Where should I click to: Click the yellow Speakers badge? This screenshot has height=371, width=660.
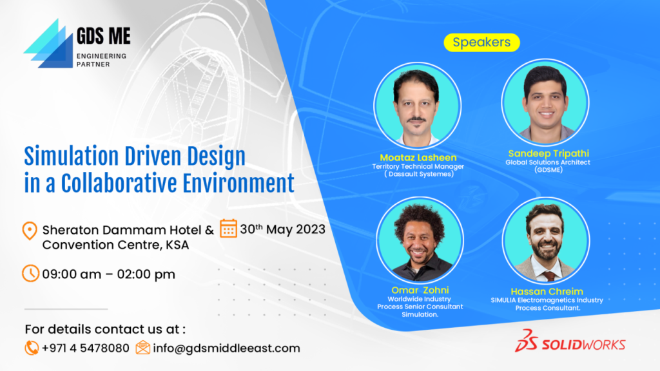pyautogui.click(x=481, y=43)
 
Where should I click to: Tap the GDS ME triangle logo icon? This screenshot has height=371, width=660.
pyautogui.click(x=48, y=44)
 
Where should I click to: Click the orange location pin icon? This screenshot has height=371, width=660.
pyautogui.click(x=30, y=231)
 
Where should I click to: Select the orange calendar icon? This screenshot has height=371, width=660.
pyautogui.click(x=228, y=228)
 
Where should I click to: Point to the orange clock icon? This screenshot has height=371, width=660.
pyautogui.click(x=30, y=273)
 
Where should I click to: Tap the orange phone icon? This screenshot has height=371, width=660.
pyautogui.click(x=31, y=348)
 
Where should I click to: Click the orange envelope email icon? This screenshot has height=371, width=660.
pyautogui.click(x=142, y=347)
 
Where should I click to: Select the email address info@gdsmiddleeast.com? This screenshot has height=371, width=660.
pyautogui.click(x=226, y=348)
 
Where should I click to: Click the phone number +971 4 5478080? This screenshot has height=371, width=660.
pyautogui.click(x=86, y=348)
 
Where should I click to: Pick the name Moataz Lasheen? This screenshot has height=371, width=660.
pyautogui.click(x=418, y=157)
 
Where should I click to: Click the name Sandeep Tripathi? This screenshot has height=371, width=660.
pyautogui.click(x=548, y=153)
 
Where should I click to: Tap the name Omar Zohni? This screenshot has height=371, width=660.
pyautogui.click(x=420, y=290)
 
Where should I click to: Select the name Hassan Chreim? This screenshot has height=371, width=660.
pyautogui.click(x=547, y=292)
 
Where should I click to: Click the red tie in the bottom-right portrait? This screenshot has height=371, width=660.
pyautogui.click(x=549, y=276)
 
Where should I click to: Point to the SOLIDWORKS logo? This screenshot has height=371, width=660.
pyautogui.click(x=570, y=341)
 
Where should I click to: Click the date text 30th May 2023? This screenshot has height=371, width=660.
pyautogui.click(x=282, y=229)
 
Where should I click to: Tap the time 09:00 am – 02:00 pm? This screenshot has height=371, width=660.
pyautogui.click(x=108, y=274)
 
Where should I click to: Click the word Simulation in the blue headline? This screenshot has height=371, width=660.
pyautogui.click(x=72, y=157)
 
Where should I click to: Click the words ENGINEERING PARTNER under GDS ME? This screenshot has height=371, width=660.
pyautogui.click(x=101, y=60)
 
